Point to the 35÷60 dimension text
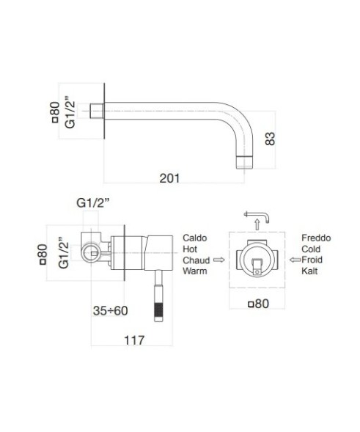tap(111, 310)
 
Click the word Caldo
tap(195, 239)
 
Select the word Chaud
tap(196, 260)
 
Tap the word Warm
tap(195, 271)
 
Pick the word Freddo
tap(316, 239)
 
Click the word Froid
tap(313, 260)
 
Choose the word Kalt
tap(310, 271)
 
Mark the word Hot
tap(190, 249)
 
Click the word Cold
tap(312, 249)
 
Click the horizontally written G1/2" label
tap(94, 203)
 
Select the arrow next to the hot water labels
tap(217, 260)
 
